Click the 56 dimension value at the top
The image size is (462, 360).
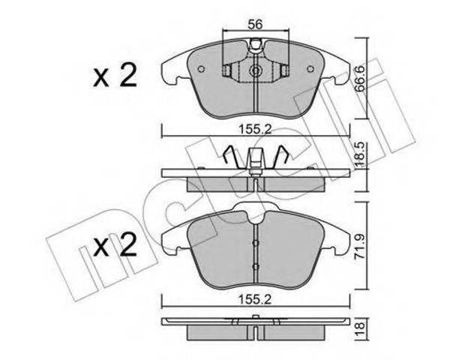tap(255, 25)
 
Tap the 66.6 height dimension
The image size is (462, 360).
tap(359, 79)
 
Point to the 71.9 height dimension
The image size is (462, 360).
tap(359, 246)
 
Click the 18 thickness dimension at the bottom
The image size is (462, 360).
tap(360, 329)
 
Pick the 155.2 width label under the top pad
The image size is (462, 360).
tap(255, 129)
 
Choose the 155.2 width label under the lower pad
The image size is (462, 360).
tap(255, 299)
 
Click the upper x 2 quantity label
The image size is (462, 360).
tap(115, 76)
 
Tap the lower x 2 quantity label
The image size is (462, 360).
tap(115, 245)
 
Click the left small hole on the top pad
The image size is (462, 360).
tap(201, 69)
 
